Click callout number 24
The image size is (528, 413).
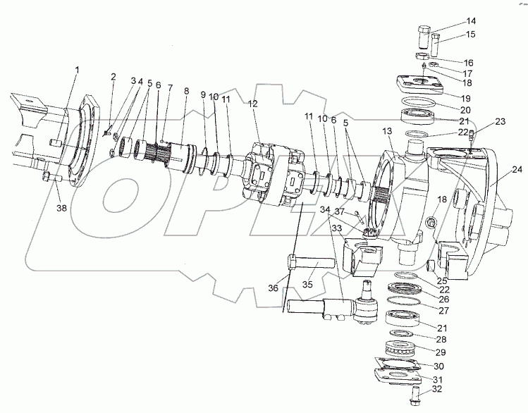517,169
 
